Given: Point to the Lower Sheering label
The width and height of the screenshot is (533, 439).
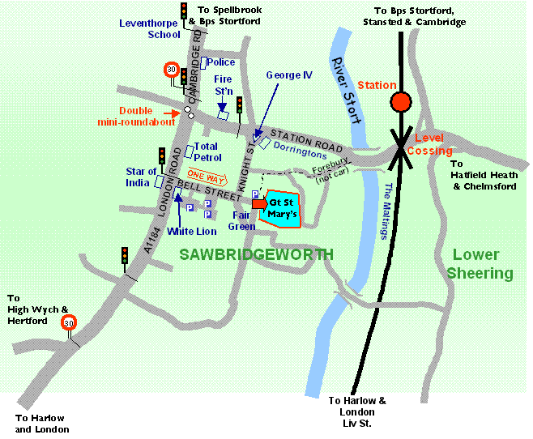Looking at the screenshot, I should pyautogui.click(x=482, y=264).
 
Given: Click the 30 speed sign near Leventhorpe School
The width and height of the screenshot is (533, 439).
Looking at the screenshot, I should pyautogui.click(x=171, y=70).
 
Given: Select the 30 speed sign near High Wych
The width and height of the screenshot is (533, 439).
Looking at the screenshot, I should pyautogui.click(x=69, y=322).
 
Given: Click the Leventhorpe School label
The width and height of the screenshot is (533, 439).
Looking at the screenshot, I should pyautogui.click(x=149, y=29).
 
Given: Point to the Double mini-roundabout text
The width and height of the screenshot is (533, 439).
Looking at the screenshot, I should pyautogui.click(x=146, y=117).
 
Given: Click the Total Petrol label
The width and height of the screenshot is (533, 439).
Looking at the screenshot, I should pyautogui.click(x=209, y=151).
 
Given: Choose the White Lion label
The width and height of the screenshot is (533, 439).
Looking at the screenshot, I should pyautogui.click(x=191, y=231).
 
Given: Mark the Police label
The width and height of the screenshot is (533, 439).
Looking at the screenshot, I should pyautogui.click(x=222, y=62).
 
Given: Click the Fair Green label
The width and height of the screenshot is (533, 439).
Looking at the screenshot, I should pyautogui.click(x=244, y=221).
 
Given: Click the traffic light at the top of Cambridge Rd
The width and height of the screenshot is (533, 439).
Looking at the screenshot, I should pyautogui.click(x=184, y=11).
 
